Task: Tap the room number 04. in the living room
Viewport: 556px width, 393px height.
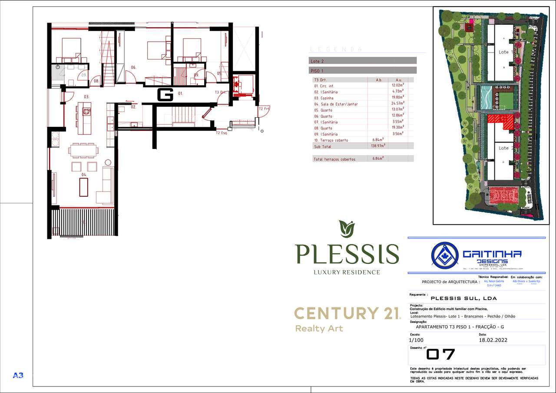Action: point(84,175)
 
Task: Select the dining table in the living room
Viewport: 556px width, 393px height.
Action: point(83,150)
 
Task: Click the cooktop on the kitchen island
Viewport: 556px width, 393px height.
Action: point(86,111)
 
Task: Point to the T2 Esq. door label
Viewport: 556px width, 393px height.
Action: point(222,133)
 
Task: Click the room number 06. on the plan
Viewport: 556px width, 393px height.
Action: point(134,67)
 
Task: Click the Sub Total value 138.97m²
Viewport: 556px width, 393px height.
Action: point(376,146)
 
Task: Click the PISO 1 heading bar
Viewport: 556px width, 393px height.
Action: point(363,70)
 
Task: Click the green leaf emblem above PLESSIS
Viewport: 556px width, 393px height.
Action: point(347,228)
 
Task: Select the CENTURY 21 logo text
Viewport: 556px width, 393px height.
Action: point(347,313)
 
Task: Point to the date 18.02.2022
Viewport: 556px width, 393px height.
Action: point(493,340)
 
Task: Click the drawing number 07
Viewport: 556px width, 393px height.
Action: point(440,355)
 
